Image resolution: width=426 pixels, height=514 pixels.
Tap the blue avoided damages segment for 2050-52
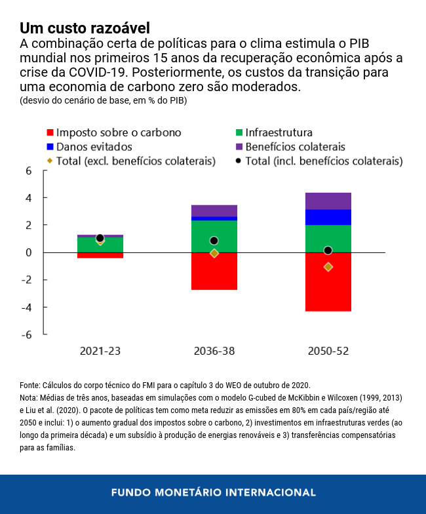click(x=328, y=217)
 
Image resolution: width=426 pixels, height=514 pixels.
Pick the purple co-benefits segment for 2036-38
click(x=214, y=210)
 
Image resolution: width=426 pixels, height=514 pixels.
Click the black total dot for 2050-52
click(x=328, y=250)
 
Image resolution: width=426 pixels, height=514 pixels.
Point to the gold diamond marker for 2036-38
click(x=214, y=253)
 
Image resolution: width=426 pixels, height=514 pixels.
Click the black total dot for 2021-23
click(x=100, y=238)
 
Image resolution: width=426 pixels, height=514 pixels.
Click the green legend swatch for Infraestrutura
click(x=240, y=132)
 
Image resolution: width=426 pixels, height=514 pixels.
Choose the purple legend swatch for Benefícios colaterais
click(x=240, y=147)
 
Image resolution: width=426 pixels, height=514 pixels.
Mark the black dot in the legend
click(x=240, y=161)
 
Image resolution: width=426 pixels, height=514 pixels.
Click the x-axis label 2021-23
click(x=100, y=351)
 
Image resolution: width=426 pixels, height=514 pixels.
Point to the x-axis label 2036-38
click(x=214, y=351)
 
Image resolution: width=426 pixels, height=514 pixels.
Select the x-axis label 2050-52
click(x=328, y=351)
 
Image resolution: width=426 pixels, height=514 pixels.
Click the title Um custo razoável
click(x=85, y=28)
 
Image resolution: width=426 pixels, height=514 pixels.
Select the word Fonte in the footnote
click(x=30, y=385)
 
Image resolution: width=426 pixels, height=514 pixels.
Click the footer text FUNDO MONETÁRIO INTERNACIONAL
click(x=213, y=492)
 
